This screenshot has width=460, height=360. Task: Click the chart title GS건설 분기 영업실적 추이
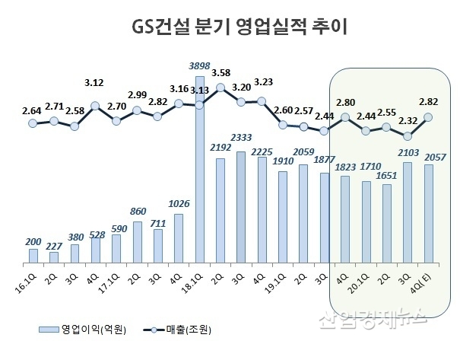coord(229,28)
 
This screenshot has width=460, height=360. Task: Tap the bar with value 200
coord(33,256)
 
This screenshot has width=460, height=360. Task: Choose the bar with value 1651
coord(387,224)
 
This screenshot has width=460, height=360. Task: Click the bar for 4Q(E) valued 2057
coord(428,214)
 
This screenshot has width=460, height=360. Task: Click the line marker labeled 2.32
coord(408,136)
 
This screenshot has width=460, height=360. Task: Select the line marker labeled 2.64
coord(33,123)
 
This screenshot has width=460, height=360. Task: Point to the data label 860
coord(138,210)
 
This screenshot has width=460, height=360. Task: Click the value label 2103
coord(408,151)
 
